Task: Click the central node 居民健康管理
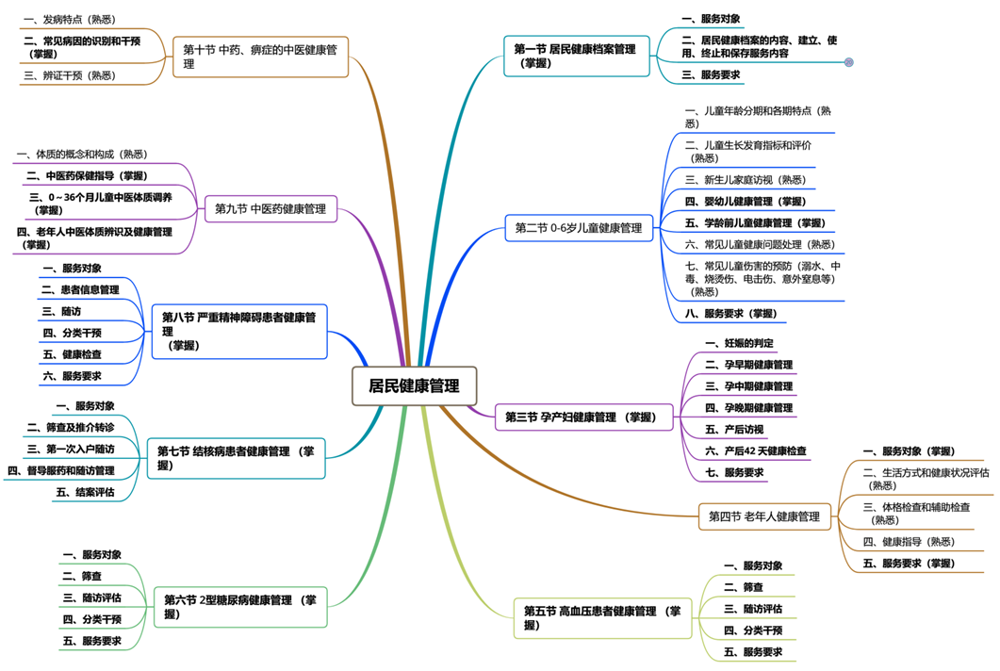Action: tap(414, 385)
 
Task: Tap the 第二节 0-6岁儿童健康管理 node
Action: tap(579, 227)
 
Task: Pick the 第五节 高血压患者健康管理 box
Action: tap(601, 617)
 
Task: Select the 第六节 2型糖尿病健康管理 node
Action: tap(239, 606)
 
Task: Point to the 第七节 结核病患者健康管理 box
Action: tap(236, 458)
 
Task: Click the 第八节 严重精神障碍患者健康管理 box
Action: tap(239, 331)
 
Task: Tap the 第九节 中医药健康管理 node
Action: tap(270, 208)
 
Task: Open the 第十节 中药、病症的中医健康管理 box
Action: tap(261, 57)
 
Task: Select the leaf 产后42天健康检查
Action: tap(756, 451)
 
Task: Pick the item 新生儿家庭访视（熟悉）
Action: tap(746, 179)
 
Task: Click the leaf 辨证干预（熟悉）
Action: tap(69, 75)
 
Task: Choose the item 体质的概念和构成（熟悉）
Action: tap(82, 154)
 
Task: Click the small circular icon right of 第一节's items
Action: tap(848, 62)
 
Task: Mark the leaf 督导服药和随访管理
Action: tap(61, 470)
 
